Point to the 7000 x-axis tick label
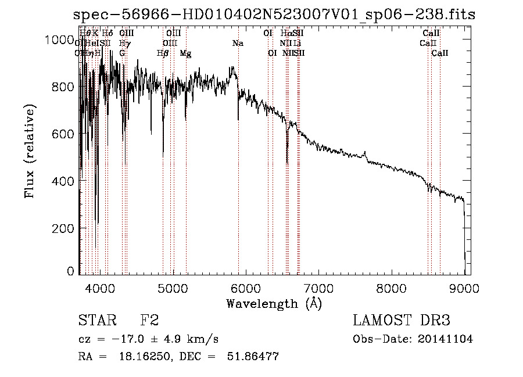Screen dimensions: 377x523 [318, 288]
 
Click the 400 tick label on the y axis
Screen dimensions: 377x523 [65, 181]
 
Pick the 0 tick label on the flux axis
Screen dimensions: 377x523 [71, 271]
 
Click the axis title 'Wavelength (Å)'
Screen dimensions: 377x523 [274, 303]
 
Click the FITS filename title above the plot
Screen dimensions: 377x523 [275, 14]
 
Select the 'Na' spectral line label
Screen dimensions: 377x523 [237, 44]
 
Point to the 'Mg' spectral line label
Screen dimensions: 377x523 [185, 53]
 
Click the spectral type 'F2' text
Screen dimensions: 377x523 [149, 321]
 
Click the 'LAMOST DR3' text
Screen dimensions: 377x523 [401, 321]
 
